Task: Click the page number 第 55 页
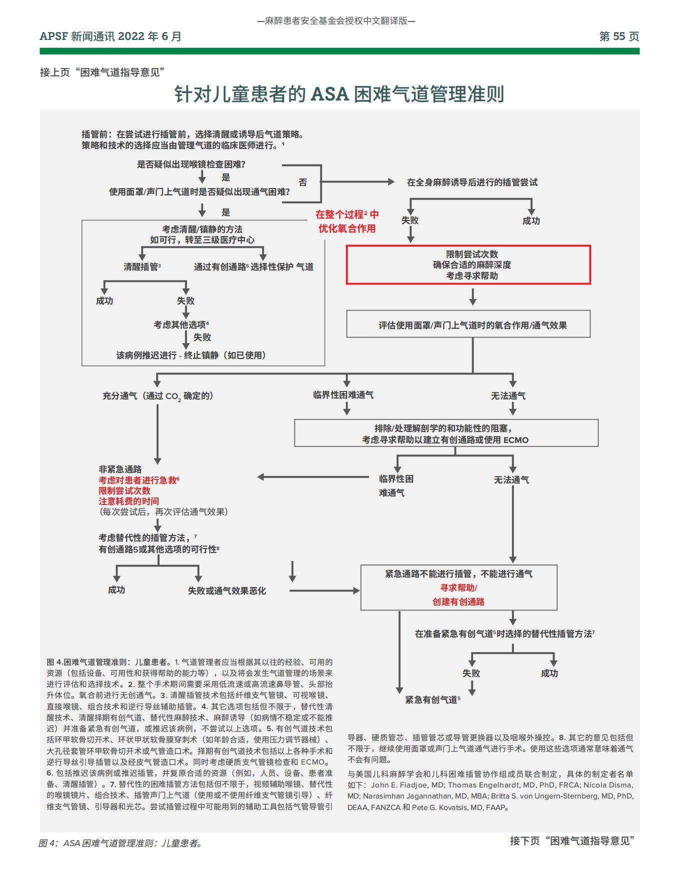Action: click(619, 36)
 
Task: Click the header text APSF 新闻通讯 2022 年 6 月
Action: click(110, 36)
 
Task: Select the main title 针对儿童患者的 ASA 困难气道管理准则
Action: click(339, 94)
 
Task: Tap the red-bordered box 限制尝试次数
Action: click(468, 265)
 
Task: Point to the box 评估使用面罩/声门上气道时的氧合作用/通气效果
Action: click(468, 325)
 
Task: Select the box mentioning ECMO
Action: click(446, 433)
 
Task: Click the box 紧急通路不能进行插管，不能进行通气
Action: click(458, 587)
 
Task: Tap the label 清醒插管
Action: click(142, 267)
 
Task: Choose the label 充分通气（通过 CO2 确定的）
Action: click(158, 396)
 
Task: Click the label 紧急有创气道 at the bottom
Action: click(432, 700)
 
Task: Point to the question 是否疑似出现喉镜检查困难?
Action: click(191, 164)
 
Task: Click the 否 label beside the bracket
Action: click(303, 182)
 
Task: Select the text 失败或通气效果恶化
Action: click(227, 591)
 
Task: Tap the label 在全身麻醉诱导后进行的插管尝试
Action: click(472, 182)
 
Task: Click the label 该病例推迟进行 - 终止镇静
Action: click(191, 355)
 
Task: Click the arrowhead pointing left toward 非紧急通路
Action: click(261, 477)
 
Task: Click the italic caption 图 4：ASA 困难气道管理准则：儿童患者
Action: click(120, 843)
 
